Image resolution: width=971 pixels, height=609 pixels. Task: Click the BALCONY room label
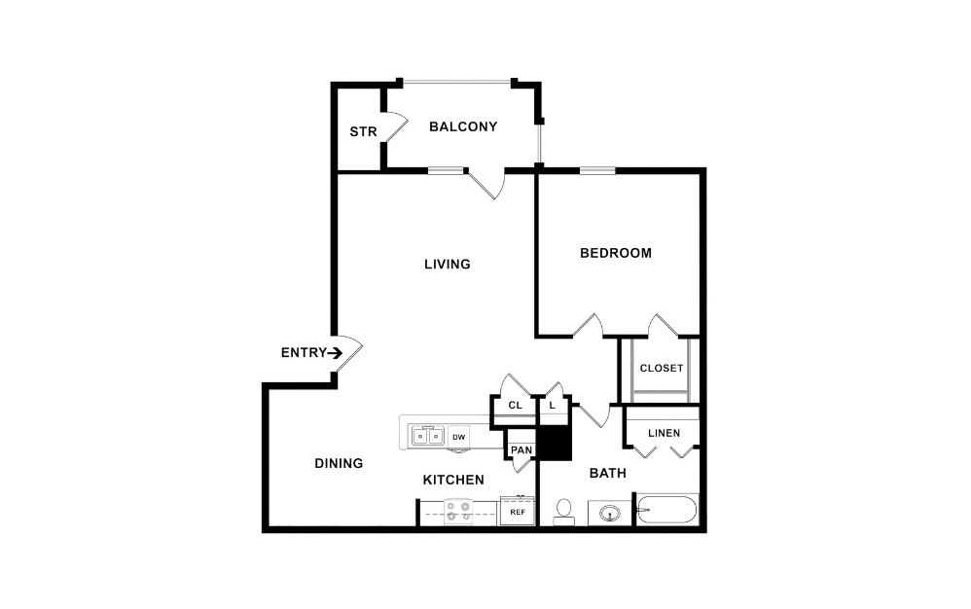point(463,126)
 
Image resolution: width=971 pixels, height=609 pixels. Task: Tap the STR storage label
point(363,132)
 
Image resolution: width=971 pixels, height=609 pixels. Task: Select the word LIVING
point(448,264)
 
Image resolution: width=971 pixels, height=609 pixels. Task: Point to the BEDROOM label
point(615,253)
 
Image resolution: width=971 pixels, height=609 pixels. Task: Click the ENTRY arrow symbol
point(336,353)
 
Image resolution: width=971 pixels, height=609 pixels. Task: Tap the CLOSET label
point(662,368)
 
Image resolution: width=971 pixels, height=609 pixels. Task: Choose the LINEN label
point(664,433)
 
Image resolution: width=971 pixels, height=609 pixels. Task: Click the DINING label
point(339,463)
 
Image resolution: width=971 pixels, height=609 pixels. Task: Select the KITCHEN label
point(453,480)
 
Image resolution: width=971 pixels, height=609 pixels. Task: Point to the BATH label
point(608,473)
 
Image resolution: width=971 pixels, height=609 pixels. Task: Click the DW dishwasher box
point(458,437)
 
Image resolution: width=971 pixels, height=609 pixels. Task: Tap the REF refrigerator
point(518,511)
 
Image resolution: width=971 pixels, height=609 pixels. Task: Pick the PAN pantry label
point(521,449)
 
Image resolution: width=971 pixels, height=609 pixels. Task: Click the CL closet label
point(515,405)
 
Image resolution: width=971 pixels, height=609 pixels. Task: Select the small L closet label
point(552,405)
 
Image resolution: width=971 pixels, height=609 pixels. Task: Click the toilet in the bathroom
point(563,513)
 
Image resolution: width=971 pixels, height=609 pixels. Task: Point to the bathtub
point(667,511)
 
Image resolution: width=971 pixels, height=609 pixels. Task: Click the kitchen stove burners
point(458,511)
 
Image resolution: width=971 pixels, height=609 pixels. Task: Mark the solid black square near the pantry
point(554,444)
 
